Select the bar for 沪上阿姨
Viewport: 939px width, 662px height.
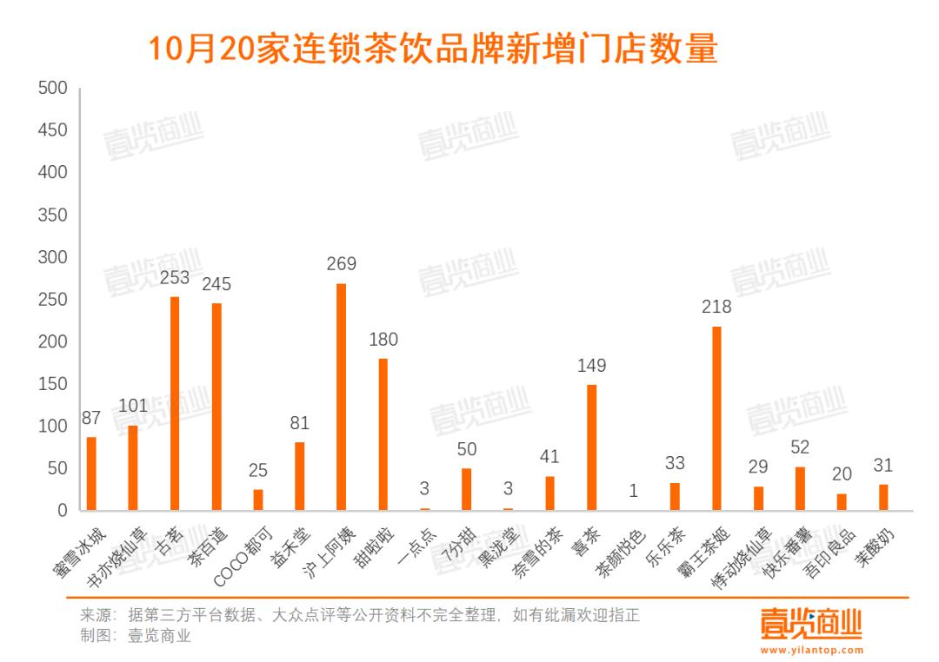(x=341, y=397)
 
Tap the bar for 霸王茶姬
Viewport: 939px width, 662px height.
(x=716, y=418)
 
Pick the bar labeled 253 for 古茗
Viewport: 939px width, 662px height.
(x=175, y=403)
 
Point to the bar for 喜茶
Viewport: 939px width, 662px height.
(x=591, y=447)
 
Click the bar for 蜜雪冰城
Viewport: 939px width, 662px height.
(x=91, y=473)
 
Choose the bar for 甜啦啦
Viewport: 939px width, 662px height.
(x=383, y=434)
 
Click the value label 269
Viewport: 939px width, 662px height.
(x=341, y=264)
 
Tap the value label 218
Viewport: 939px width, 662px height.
(x=716, y=307)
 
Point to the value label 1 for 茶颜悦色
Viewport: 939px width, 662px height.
(x=634, y=491)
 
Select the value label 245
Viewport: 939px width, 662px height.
(x=216, y=284)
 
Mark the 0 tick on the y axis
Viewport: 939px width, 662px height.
(x=62, y=511)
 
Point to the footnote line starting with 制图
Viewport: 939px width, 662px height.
(x=135, y=636)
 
